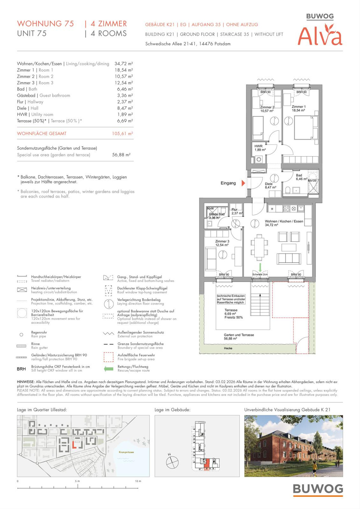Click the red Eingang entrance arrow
pos(243,183)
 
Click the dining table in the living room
pos(259,246)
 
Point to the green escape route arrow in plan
pos(260,267)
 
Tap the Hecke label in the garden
pos(228,348)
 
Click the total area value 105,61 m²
pos(122,134)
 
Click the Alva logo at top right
pos(320,36)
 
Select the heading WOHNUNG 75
pos(45,24)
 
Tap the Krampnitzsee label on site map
pos(126,452)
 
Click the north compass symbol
pos(172,462)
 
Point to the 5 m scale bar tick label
pos(77,481)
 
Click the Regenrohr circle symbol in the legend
pos(21,335)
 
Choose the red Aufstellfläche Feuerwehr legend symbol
pos(108,357)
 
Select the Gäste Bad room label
pos(217,214)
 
